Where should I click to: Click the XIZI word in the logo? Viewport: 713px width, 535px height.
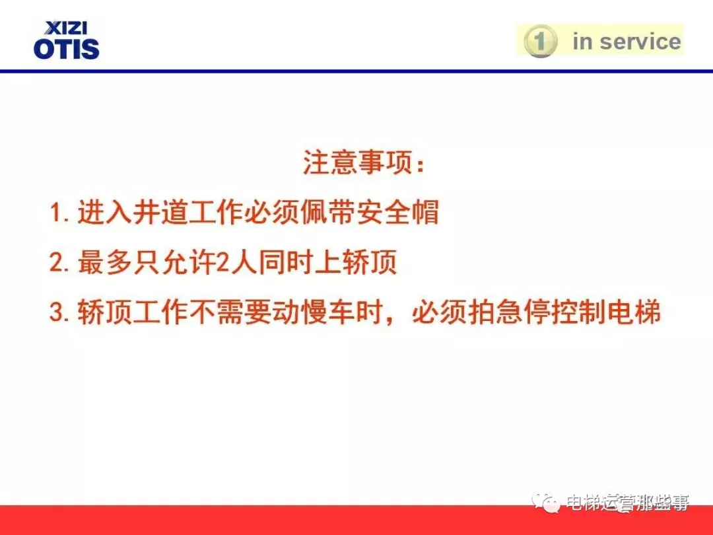click(x=66, y=28)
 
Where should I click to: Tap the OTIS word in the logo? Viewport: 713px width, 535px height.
click(x=66, y=49)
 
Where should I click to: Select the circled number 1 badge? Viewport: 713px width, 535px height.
click(x=540, y=42)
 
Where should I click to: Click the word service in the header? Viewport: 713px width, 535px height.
click(x=640, y=42)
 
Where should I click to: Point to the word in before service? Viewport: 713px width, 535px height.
click(x=583, y=42)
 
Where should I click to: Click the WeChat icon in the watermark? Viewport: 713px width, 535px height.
click(x=547, y=504)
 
